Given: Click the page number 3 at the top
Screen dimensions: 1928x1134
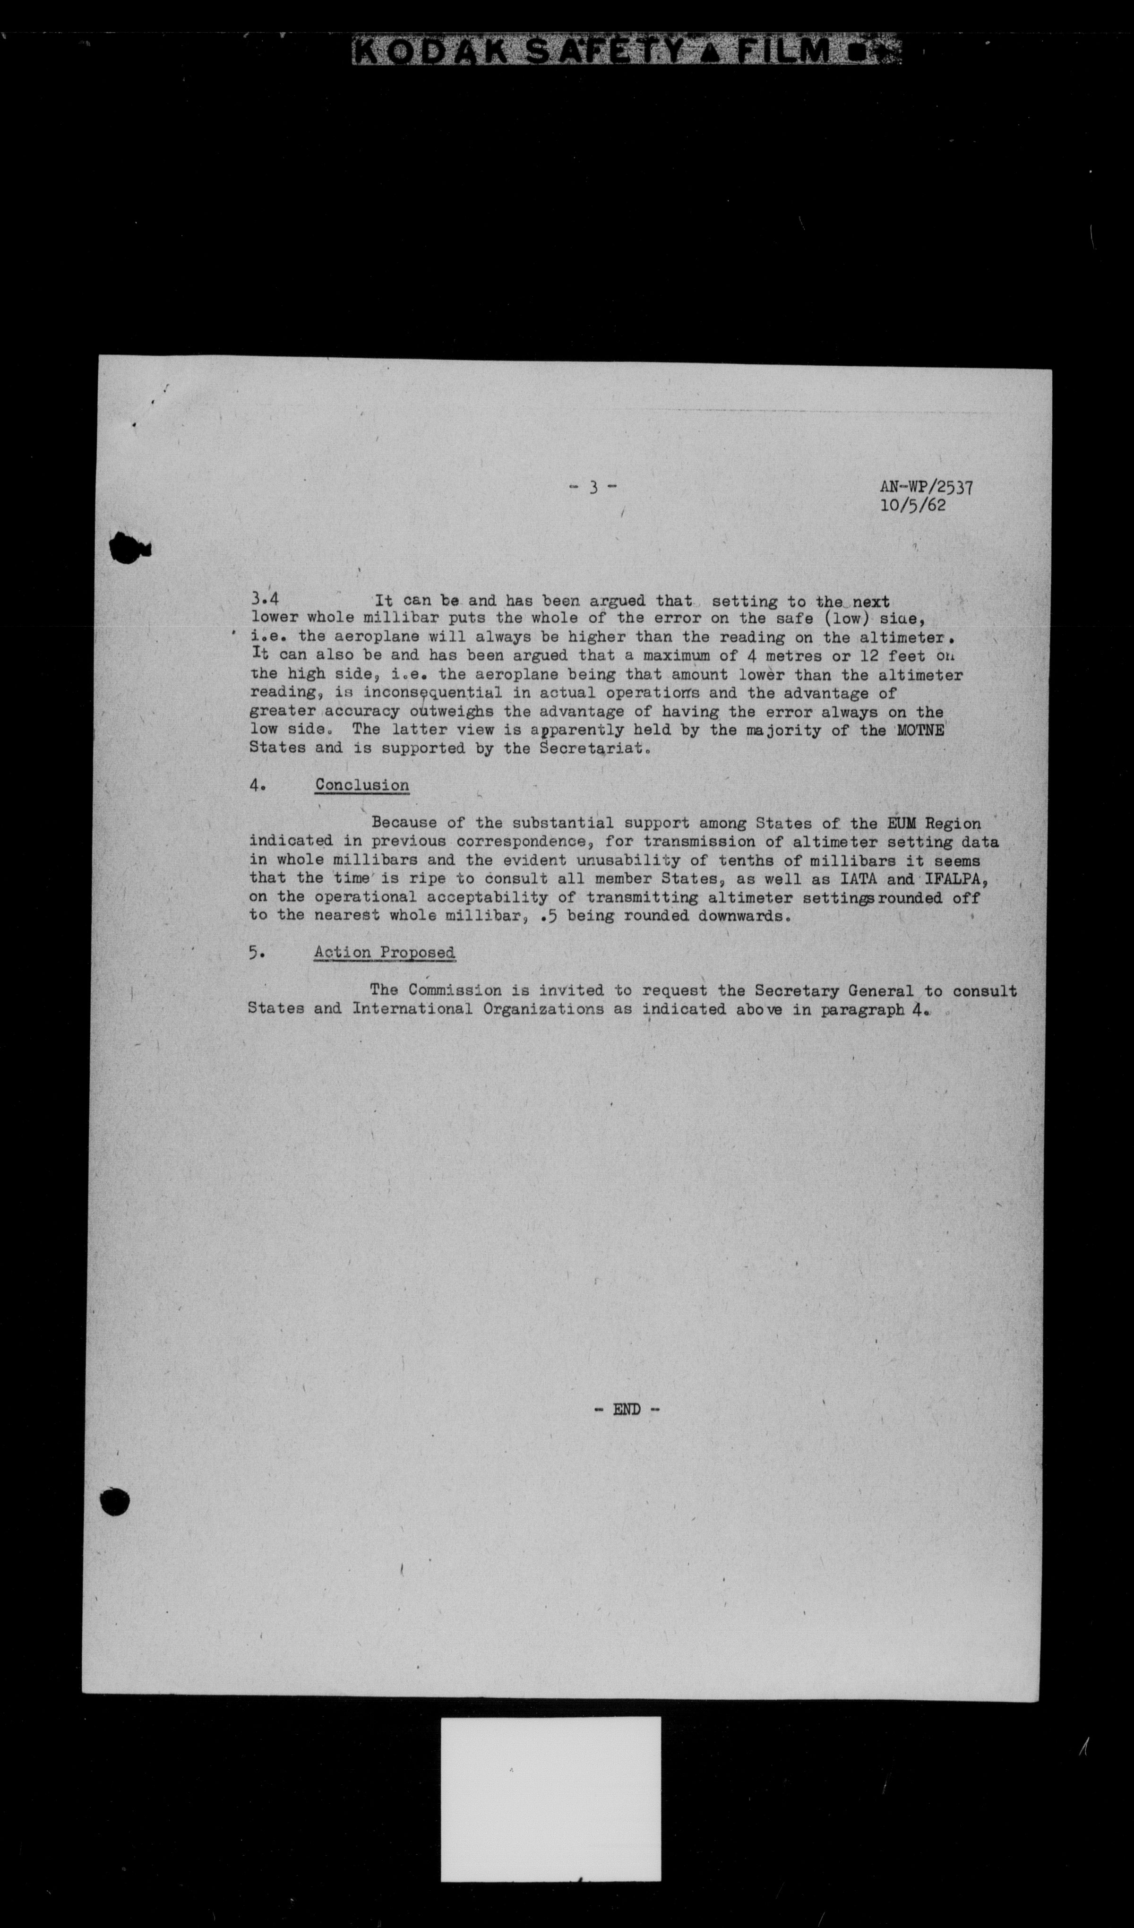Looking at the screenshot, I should pos(593,487).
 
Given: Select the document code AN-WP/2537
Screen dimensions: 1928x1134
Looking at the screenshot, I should pos(926,487).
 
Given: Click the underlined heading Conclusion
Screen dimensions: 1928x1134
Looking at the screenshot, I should pos(362,786).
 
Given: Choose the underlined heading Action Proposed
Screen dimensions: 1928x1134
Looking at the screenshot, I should pos(384,953).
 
